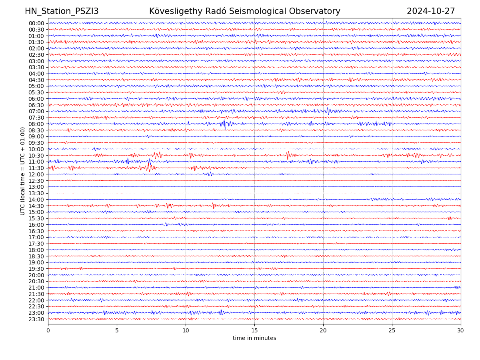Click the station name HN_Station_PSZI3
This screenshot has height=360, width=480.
click(x=62, y=11)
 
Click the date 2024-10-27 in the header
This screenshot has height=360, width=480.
click(x=431, y=11)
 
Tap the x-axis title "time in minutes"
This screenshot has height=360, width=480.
click(x=254, y=338)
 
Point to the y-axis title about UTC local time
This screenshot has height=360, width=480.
click(x=23, y=171)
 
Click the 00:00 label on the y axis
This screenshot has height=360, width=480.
click(x=36, y=23)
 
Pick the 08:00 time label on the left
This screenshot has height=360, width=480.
click(x=36, y=124)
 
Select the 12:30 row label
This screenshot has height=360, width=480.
click(x=36, y=181)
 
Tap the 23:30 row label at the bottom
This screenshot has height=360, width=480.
click(x=36, y=319)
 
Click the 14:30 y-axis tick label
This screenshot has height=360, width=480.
click(x=36, y=206)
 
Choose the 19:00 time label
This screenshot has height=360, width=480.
click(x=36, y=262)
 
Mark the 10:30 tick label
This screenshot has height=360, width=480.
click(x=36, y=156)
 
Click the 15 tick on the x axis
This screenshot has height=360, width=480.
click(x=254, y=330)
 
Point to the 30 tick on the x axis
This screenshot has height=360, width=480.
click(x=461, y=330)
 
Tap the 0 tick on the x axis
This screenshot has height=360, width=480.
click(x=48, y=330)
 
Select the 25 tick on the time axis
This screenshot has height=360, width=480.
click(x=392, y=330)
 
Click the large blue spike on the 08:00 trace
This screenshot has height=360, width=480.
click(x=225, y=124)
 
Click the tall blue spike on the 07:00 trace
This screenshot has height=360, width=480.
click(x=328, y=111)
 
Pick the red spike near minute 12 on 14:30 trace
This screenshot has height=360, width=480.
click(x=213, y=206)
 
